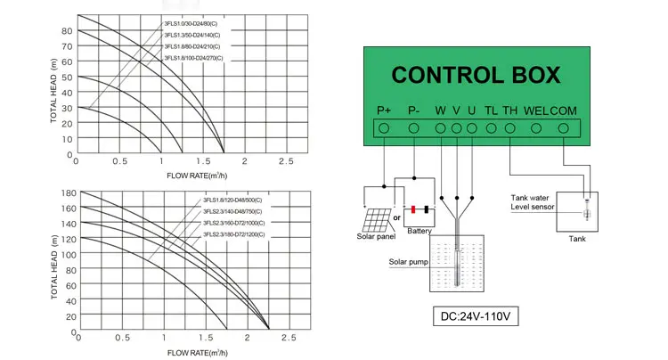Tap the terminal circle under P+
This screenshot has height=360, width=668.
pos(384,128)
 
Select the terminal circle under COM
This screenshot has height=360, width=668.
pos(563,128)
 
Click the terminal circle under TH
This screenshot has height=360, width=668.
pos(509,128)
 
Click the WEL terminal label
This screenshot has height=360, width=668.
pos(535,110)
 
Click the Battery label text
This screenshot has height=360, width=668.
pos(419,232)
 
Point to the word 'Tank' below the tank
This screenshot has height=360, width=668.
pos(578,239)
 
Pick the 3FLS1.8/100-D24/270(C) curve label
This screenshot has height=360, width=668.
pos(193,58)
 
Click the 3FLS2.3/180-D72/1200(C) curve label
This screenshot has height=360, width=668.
pos(232,233)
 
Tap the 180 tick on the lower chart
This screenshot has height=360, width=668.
pos(67,193)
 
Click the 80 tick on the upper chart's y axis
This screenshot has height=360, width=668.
pos(67,31)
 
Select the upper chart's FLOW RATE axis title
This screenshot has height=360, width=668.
pos(199,176)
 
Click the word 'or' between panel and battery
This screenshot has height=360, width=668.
pos(397,217)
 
